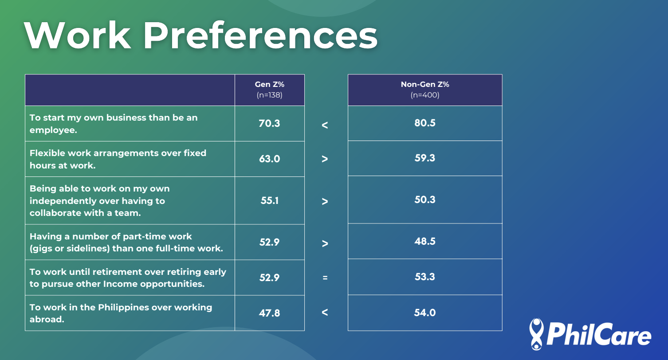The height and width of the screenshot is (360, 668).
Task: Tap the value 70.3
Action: tap(269, 123)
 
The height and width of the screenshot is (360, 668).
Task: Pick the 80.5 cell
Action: tap(425, 123)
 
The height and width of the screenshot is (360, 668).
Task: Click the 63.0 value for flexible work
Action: tap(269, 159)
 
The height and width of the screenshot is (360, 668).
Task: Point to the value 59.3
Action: tap(425, 158)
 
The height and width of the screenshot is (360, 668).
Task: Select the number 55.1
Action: tap(269, 200)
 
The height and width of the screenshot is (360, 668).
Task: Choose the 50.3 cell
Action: tap(425, 200)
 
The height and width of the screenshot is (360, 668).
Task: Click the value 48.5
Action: tap(425, 241)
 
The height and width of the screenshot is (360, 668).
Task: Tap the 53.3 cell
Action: tap(425, 277)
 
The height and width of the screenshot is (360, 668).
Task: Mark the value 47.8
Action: tap(269, 313)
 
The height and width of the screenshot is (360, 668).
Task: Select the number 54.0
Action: tap(425, 313)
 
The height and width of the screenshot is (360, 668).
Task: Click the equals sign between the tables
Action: tap(325, 278)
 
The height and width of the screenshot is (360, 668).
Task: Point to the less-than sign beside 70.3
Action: tap(325, 125)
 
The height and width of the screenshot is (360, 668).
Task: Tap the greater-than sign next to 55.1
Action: tap(325, 202)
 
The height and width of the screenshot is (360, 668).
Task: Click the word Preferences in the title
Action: tap(260, 35)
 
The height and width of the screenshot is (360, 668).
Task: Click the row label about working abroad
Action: tap(121, 313)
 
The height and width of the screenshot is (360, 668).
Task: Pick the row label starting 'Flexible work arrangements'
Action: tap(118, 159)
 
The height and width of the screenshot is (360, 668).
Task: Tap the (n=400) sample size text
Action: tap(425, 95)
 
